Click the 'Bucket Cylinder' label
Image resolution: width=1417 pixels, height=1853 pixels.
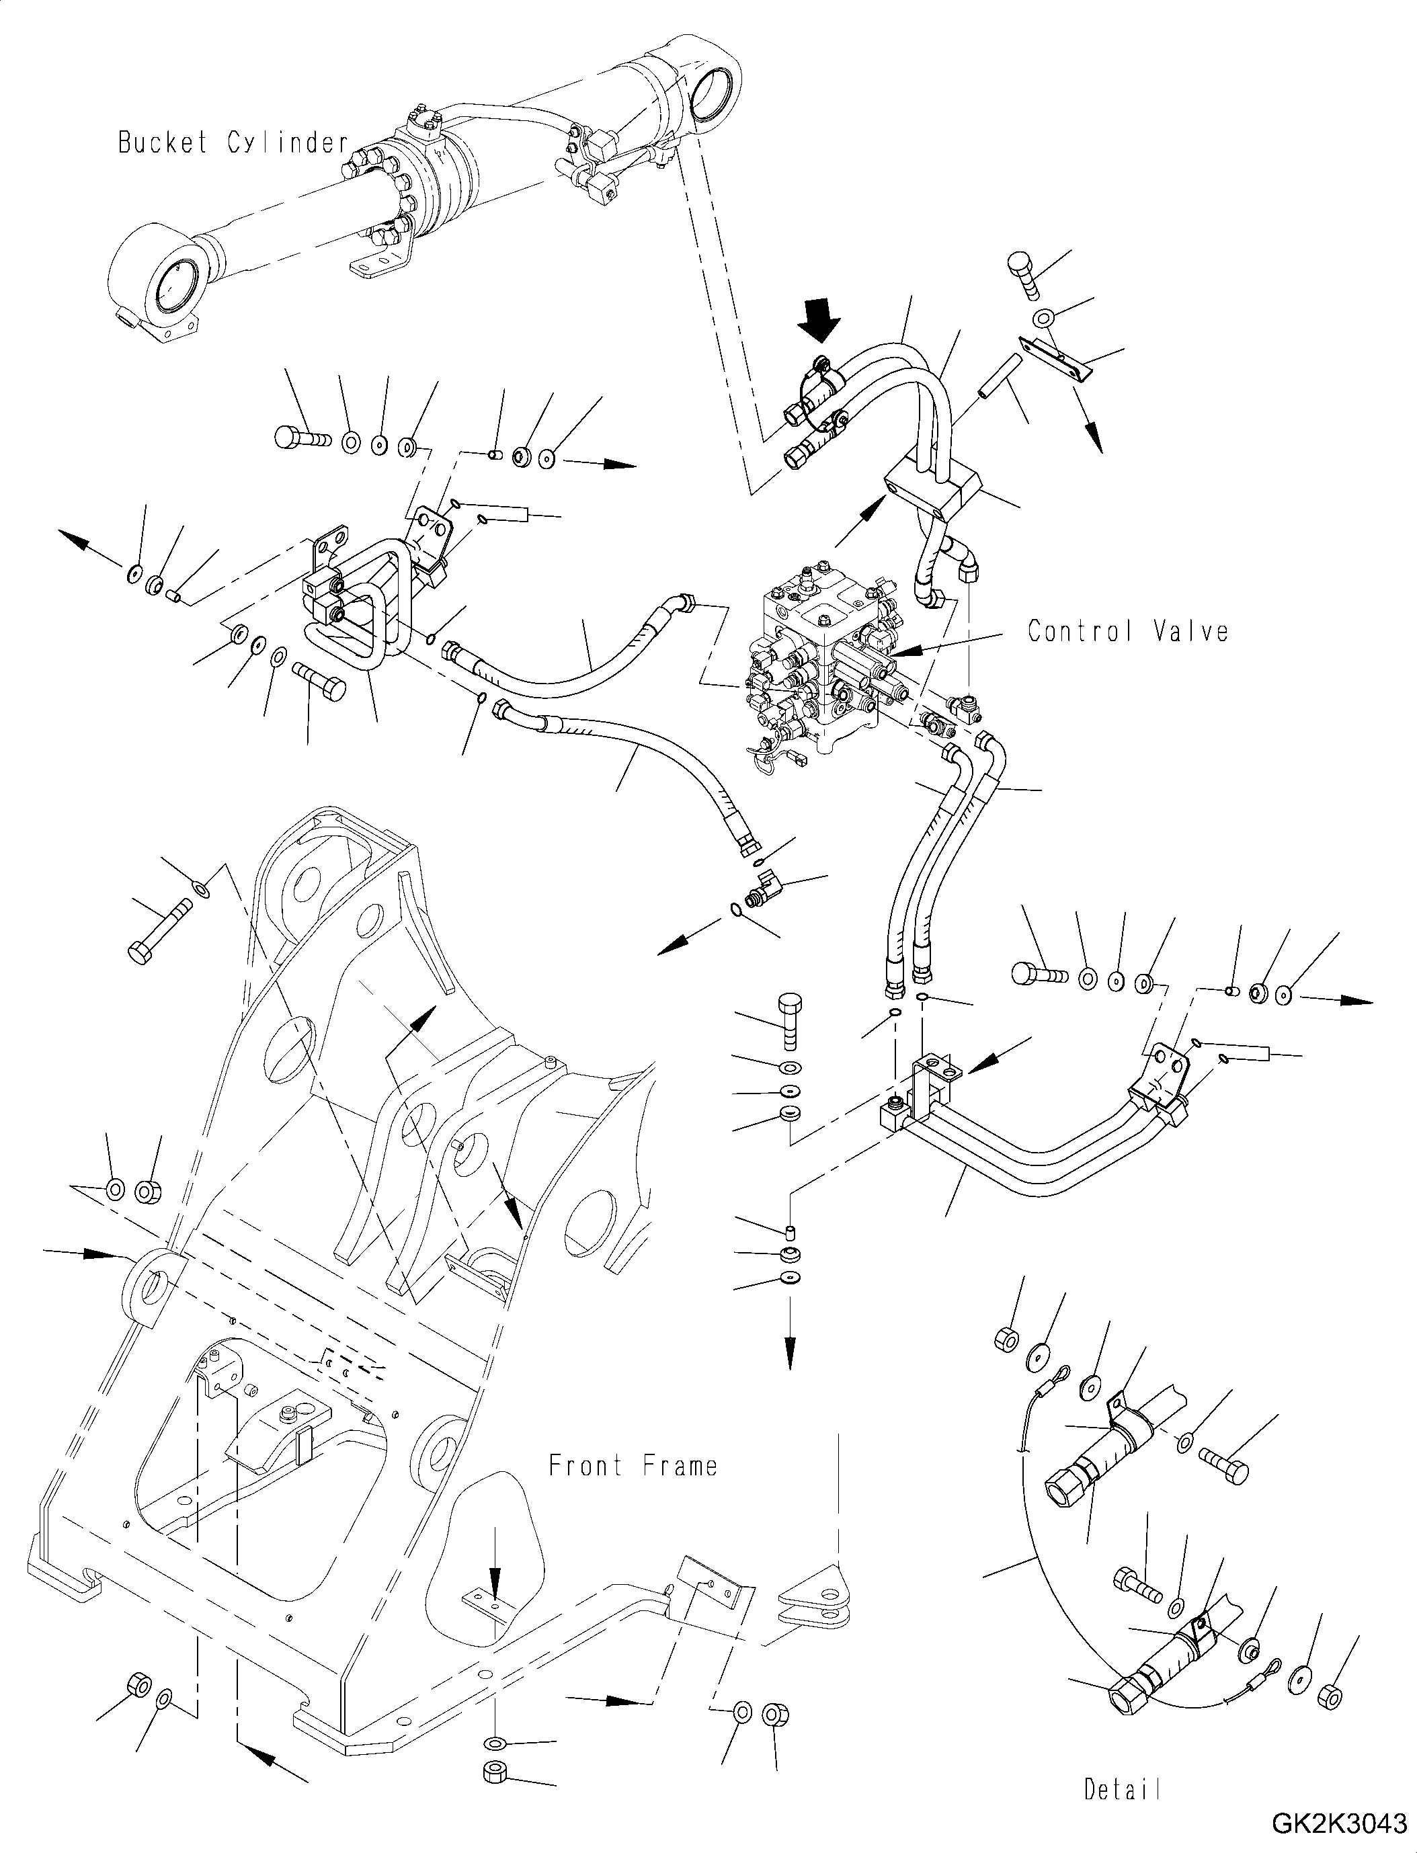[233, 142]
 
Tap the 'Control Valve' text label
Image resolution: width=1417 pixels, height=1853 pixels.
[1128, 631]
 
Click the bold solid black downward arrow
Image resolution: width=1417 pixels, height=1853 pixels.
[821, 321]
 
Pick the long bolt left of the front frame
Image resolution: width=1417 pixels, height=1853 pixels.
[160, 930]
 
